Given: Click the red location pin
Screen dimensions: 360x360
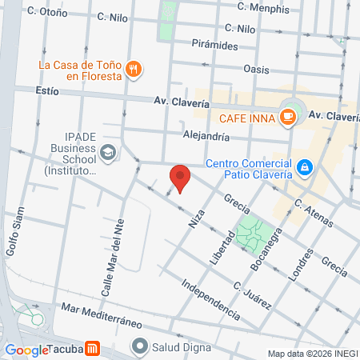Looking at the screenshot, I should click(180, 178).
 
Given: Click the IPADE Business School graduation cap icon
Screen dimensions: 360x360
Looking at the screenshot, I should click(108, 151).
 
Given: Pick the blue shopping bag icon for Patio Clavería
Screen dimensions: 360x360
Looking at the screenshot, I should click(304, 166).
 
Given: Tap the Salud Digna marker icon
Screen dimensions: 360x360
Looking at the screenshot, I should click(141, 347).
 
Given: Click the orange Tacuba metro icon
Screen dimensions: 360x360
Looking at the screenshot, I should click(93, 349).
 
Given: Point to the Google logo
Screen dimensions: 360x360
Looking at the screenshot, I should click(26, 350).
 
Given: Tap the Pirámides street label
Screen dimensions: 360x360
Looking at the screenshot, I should click(214, 46).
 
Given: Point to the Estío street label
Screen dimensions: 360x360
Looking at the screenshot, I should click(48, 91).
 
